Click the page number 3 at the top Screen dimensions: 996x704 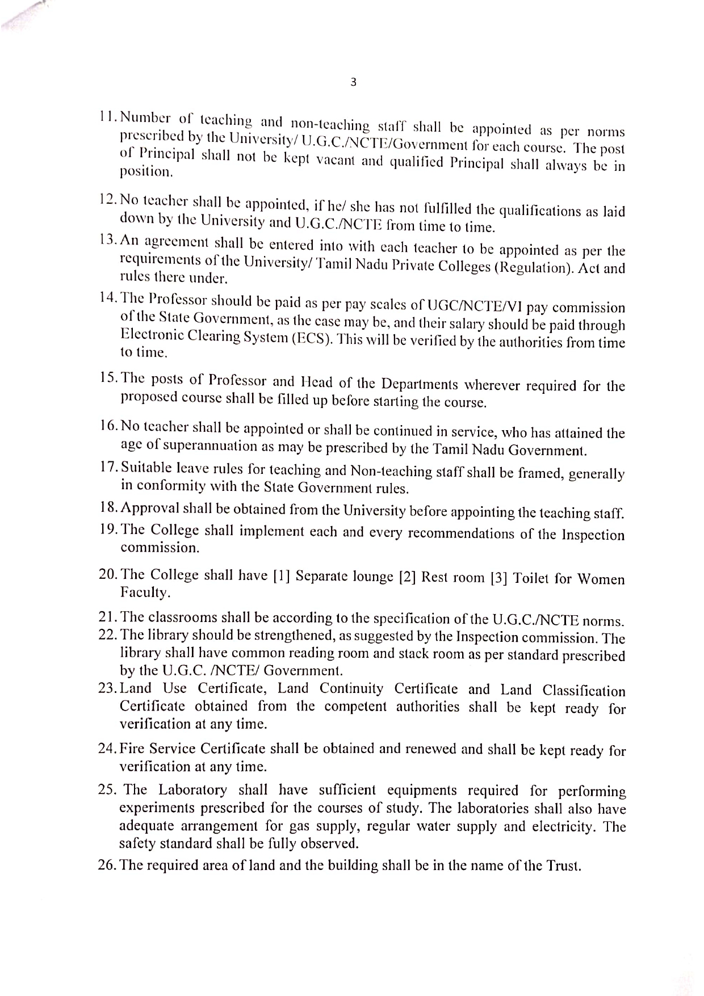click(353, 82)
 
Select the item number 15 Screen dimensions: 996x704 click(107, 379)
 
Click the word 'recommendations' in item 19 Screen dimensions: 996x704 click(462, 533)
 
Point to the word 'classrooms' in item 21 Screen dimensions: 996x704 click(184, 617)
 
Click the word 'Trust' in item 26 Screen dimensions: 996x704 click(563, 865)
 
